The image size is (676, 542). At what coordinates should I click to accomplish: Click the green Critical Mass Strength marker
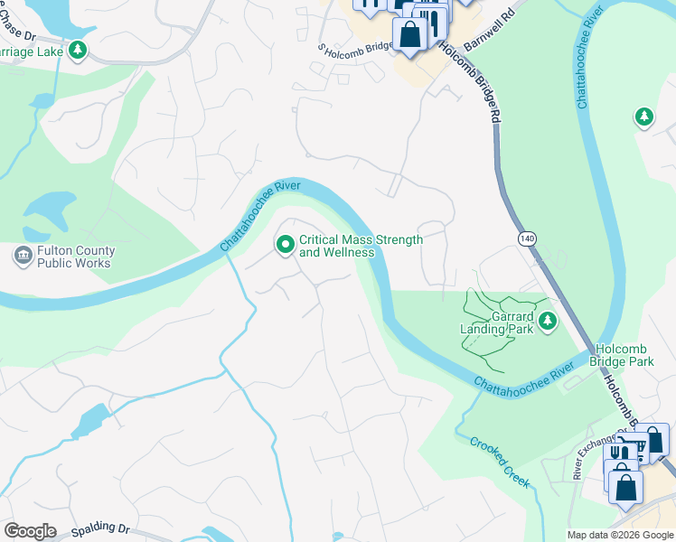(x=286, y=245)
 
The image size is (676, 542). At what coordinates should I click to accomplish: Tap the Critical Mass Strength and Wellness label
(x=361, y=246)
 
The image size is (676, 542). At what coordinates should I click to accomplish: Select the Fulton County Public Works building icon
(x=22, y=257)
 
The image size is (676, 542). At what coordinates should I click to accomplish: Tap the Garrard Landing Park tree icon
(x=547, y=321)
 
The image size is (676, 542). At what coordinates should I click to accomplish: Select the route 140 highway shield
(x=528, y=238)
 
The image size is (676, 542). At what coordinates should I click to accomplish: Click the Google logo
(x=30, y=531)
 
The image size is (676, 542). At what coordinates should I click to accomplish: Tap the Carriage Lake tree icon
(x=79, y=51)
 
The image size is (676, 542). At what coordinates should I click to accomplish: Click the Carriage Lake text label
(x=32, y=52)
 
